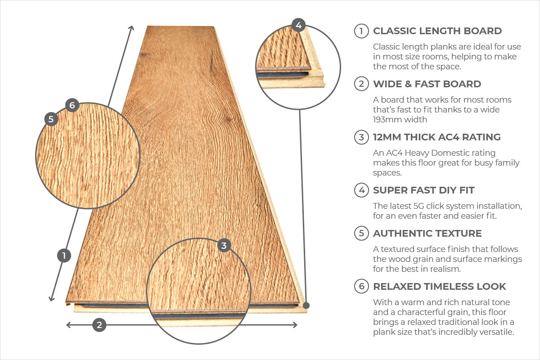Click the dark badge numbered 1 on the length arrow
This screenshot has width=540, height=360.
64,256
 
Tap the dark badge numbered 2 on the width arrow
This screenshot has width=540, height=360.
99,325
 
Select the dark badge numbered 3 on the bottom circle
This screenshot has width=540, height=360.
224,245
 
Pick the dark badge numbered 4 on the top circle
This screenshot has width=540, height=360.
299,25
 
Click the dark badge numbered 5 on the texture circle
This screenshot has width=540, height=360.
51,119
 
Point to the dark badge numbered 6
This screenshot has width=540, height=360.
72,105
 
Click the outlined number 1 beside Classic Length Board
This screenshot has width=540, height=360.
361,31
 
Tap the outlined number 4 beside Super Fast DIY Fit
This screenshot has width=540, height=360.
361,190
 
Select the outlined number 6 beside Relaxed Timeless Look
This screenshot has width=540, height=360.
361,286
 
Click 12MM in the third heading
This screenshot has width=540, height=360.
387,137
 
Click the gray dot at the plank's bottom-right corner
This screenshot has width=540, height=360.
306,306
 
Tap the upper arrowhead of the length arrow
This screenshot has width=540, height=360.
131,28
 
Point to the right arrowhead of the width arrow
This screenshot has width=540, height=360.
295,325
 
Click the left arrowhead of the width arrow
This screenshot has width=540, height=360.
68,325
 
